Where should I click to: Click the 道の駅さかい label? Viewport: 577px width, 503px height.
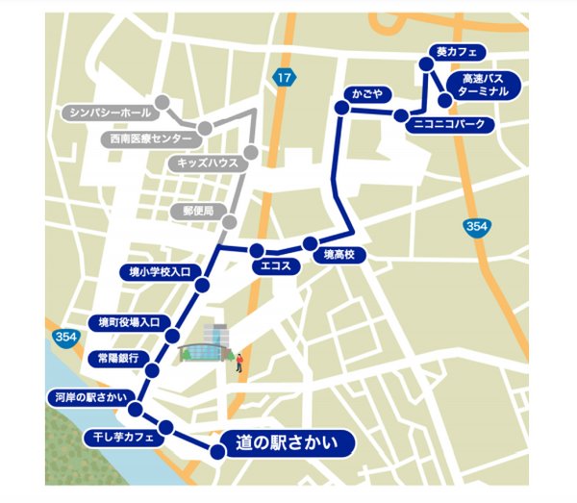(x=286, y=444)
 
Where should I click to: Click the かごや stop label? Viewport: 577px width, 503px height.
(x=366, y=94)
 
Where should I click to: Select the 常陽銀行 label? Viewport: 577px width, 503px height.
(x=118, y=358)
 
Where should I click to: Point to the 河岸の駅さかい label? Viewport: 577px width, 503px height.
(x=86, y=396)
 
